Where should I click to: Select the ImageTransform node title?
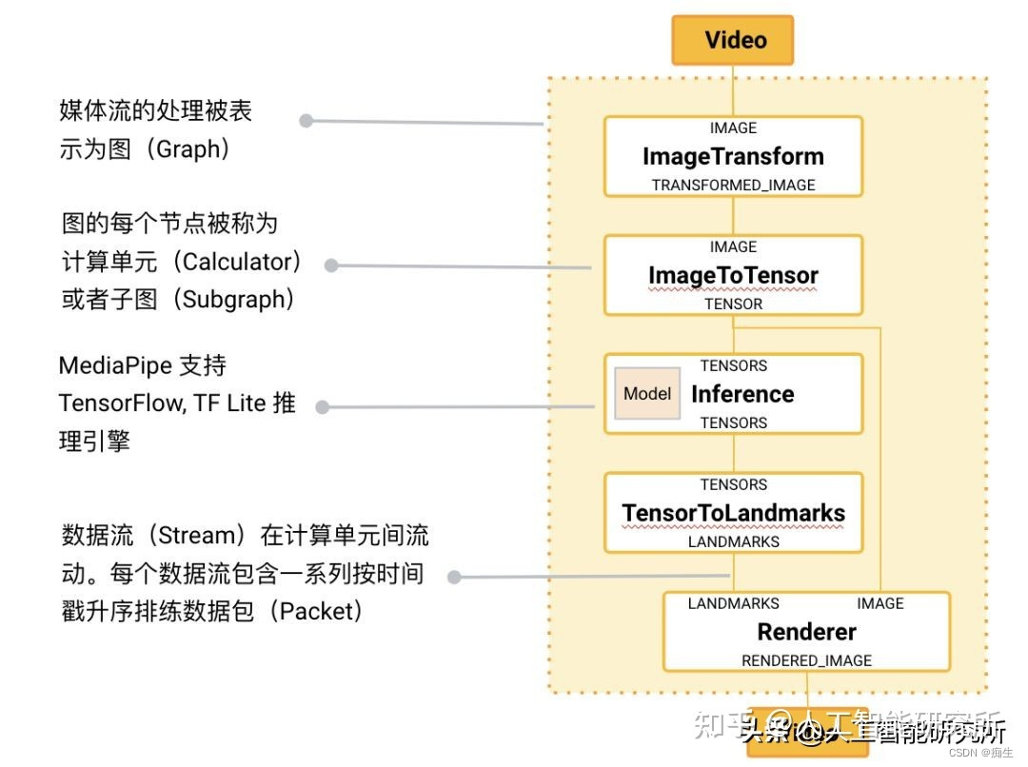click(733, 156)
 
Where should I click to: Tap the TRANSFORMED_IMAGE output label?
click(733, 185)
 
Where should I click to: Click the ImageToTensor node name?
click(733, 276)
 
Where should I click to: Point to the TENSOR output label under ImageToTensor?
click(733, 304)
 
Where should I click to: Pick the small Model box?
click(647, 394)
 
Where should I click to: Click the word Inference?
click(742, 394)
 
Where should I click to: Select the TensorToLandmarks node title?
click(733, 513)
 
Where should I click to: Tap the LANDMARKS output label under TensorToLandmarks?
click(733, 541)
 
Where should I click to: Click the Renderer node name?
click(806, 632)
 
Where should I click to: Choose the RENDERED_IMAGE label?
click(806, 660)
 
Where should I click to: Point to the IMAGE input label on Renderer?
click(880, 603)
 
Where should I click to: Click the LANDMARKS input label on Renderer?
click(733, 603)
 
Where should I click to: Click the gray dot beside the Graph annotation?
click(306, 121)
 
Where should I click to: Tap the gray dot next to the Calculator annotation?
click(331, 265)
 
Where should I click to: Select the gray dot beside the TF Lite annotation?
click(322, 407)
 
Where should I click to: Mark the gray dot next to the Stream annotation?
click(454, 577)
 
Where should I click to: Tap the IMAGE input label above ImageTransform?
click(733, 128)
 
